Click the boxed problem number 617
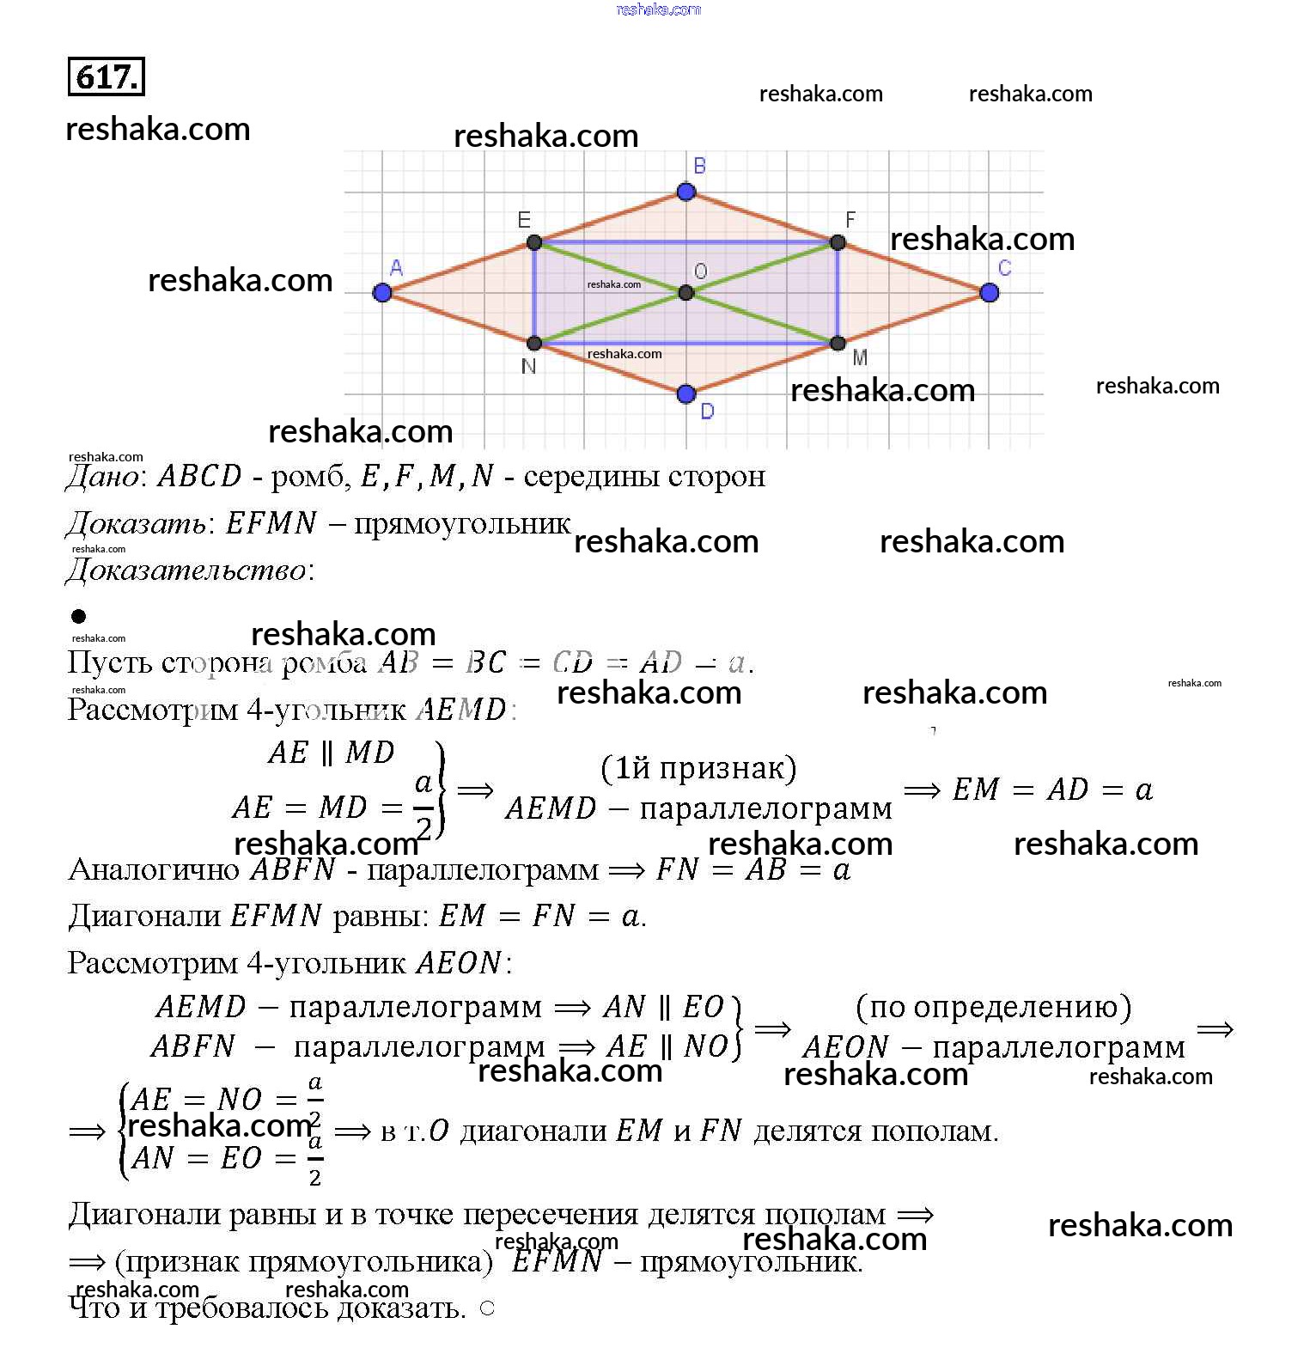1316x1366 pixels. (106, 77)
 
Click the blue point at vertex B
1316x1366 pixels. (685, 192)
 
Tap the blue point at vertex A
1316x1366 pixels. (382, 293)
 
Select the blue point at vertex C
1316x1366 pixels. (989, 293)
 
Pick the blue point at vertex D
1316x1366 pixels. (685, 394)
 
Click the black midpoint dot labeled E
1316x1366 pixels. (534, 242)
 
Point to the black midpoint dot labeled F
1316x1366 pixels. (838, 242)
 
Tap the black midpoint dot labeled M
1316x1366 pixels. (838, 344)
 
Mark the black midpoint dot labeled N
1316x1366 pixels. (534, 344)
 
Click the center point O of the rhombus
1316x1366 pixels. (685, 293)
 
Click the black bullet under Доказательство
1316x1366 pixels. (79, 616)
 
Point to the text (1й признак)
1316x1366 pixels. (698, 768)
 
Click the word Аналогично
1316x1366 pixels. (154, 870)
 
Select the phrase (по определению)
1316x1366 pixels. (994, 1007)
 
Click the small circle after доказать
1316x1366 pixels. (487, 1308)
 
